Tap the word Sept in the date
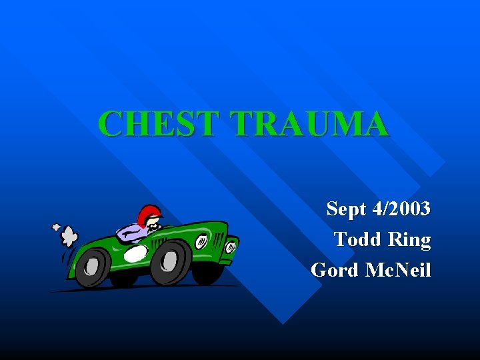point(347,210)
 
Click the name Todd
point(358,239)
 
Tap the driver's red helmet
point(149,214)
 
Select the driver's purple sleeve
point(130,233)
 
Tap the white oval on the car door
point(135,253)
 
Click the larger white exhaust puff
point(69,237)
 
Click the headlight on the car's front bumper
point(230,247)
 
